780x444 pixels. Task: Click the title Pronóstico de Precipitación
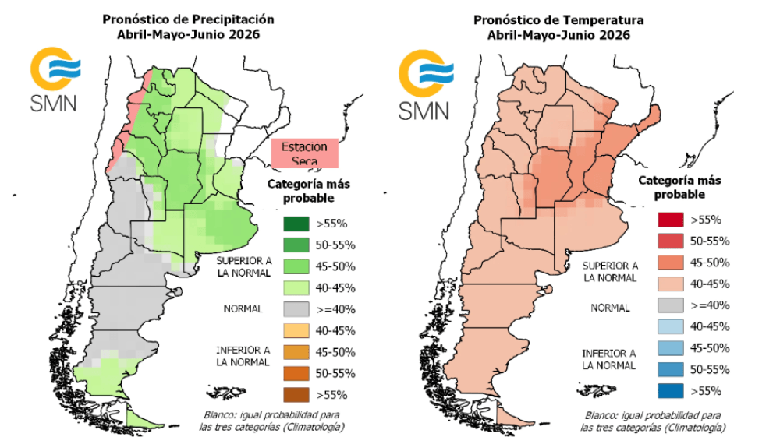[188, 17]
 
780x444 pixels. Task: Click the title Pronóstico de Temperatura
[558, 17]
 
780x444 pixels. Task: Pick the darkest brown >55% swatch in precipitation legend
[296, 393]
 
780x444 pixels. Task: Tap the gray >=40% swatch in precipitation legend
[296, 308]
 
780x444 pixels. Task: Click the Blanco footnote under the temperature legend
[652, 421]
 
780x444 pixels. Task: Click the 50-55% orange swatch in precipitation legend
[296, 372]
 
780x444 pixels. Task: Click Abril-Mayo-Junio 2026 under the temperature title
[558, 35]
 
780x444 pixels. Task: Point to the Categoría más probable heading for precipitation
[303, 191]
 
